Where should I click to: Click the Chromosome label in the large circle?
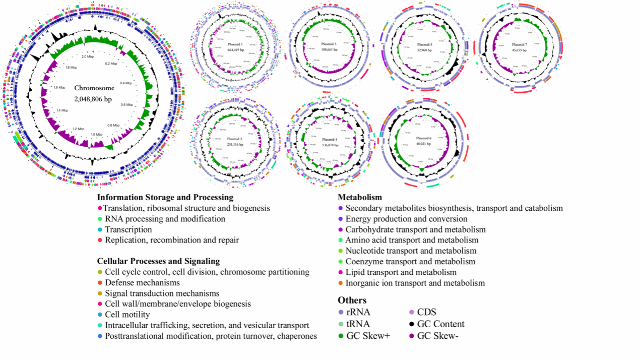94,88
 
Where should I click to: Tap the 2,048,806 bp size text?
94,99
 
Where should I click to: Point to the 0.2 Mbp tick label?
110,64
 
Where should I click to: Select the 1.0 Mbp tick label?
96,135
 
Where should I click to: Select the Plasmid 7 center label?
519,45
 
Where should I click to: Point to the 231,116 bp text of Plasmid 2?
235,144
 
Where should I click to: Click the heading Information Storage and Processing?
165,197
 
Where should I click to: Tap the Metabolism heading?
360,197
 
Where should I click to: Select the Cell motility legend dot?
100,315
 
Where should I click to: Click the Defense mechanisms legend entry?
142,282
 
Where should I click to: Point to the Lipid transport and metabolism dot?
341,272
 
